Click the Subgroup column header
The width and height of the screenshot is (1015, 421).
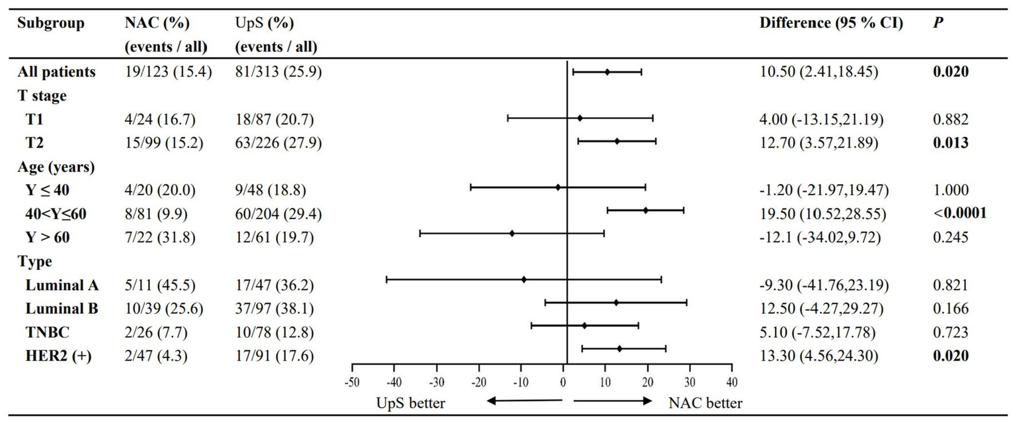tap(52, 24)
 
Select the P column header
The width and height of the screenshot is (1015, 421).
tap(934, 24)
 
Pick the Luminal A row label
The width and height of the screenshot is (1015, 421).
tap(62, 285)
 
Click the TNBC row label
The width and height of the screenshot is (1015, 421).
tap(45, 332)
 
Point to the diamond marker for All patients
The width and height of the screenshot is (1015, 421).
tap(607, 71)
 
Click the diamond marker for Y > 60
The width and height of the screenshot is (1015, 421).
tap(512, 233)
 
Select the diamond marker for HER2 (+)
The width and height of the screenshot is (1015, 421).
tap(619, 348)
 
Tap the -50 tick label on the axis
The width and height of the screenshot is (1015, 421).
tap(352, 383)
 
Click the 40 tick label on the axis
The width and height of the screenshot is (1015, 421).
tap(731, 383)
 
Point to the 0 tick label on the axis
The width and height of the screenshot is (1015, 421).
tap(563, 383)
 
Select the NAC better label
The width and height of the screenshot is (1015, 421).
tap(705, 403)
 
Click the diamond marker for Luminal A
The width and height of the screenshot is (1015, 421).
tap(524, 279)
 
